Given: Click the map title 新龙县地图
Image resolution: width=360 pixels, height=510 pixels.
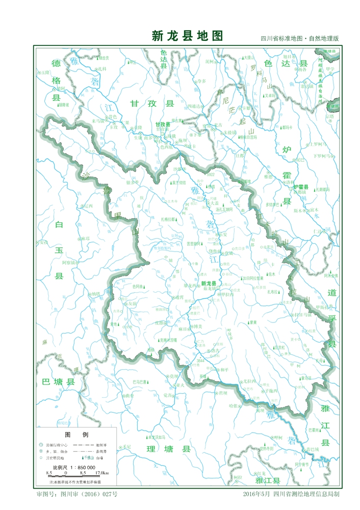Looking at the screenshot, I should (187, 36).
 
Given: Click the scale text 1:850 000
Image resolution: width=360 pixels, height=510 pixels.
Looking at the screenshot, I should (79, 467).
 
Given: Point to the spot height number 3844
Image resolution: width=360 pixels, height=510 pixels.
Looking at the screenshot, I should (200, 361).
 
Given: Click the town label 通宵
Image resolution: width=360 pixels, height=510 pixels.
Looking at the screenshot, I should (179, 296).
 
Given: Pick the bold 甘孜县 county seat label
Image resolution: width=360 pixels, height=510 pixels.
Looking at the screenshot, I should (162, 124).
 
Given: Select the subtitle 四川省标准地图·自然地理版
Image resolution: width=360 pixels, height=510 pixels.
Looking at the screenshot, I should (299, 39).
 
